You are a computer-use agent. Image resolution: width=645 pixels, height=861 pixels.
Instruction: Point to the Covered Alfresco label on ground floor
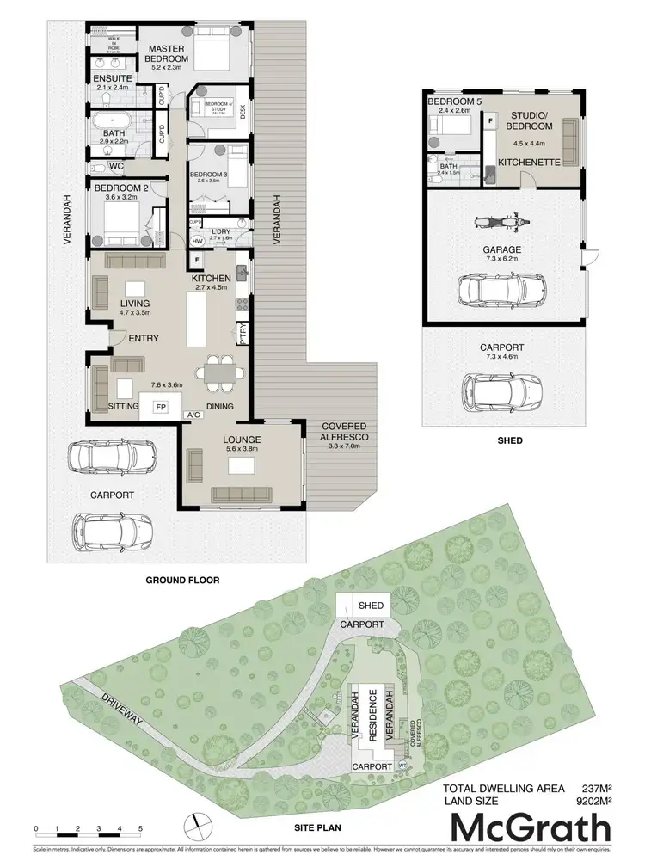tap(344, 432)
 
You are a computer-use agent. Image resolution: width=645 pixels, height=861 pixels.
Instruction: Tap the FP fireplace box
tap(160, 407)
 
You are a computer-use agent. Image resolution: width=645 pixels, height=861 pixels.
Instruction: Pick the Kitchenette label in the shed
tap(530, 161)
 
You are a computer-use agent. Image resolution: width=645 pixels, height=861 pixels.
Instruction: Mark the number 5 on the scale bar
tap(140, 829)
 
